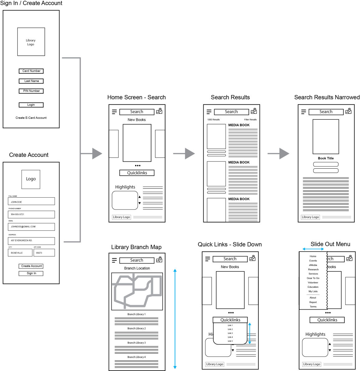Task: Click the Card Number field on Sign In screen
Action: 31,71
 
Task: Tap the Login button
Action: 31,105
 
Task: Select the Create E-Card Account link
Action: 31,118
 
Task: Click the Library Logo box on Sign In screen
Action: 31,42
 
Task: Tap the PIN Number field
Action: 31,91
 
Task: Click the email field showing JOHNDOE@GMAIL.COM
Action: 31,227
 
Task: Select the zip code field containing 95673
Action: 44,253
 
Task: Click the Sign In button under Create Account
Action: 31,273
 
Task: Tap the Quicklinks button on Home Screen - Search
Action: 137,173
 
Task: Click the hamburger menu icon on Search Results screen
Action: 209,112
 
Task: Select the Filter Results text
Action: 250,120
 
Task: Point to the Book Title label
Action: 326,158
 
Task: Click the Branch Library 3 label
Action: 136,343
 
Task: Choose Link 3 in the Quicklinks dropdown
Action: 230,333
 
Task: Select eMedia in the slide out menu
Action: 313,265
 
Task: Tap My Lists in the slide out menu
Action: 313,291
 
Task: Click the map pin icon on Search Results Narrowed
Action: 348,111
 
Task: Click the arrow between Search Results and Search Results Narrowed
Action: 279,153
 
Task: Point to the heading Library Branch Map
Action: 136,247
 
